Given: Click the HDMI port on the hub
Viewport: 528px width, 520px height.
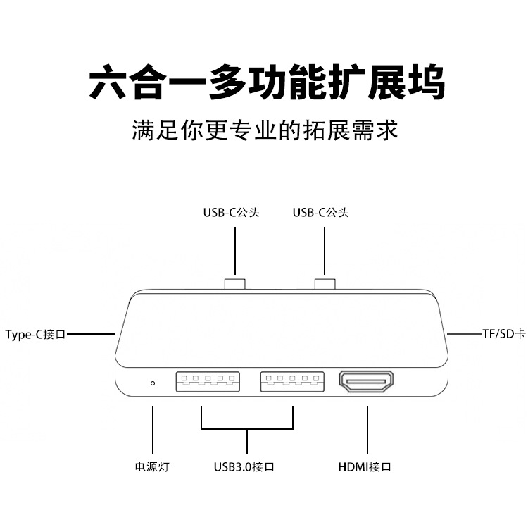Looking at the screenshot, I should coord(367,383).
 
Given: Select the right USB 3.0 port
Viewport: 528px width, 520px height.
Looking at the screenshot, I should coord(292,383).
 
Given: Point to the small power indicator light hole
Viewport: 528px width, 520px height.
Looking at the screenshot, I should coord(153,383).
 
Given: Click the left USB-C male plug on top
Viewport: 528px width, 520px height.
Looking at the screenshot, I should coord(234,284).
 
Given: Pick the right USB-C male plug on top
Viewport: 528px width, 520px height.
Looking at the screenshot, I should coord(325,284).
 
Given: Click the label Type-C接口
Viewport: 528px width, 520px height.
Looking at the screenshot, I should coord(35,335).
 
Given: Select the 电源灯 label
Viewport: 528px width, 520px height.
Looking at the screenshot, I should coord(152,466).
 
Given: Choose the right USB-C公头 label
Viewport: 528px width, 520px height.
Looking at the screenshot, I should coord(320,212).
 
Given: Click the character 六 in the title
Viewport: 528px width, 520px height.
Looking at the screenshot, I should coord(111,84).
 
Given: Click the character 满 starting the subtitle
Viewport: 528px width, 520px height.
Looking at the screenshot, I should coord(144,130).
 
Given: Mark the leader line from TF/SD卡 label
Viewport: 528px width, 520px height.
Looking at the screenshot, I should coord(464,334).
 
